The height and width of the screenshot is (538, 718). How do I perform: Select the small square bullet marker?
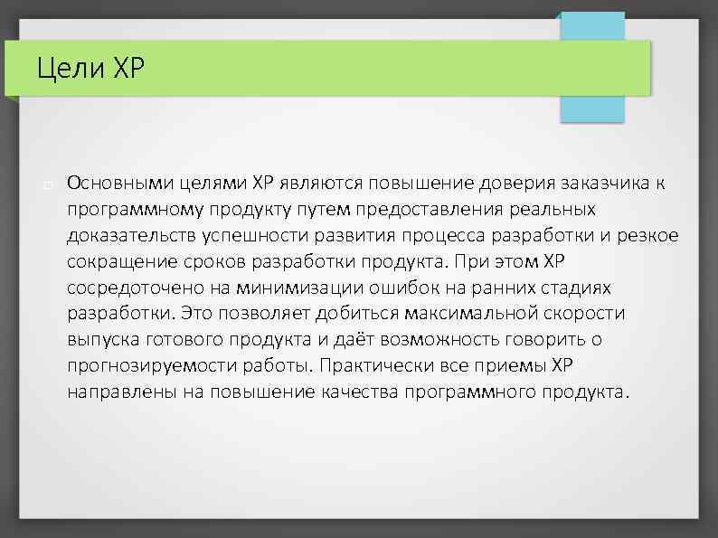click(44, 185)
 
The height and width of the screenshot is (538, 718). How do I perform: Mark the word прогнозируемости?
click(140, 366)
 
